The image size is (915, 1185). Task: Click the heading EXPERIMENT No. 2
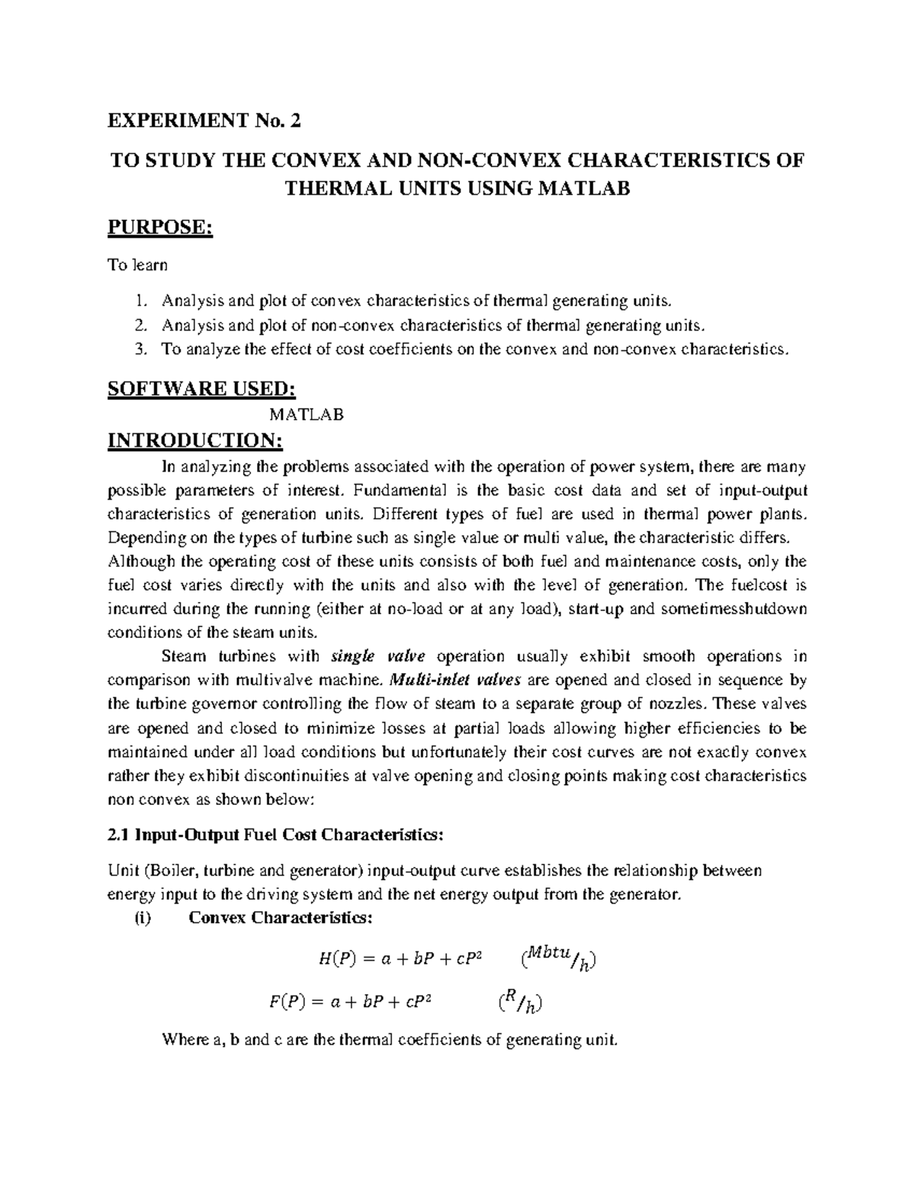coord(206,121)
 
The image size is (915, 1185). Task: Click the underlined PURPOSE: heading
coord(160,227)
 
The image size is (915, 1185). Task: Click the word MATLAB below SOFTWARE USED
coord(307,414)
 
